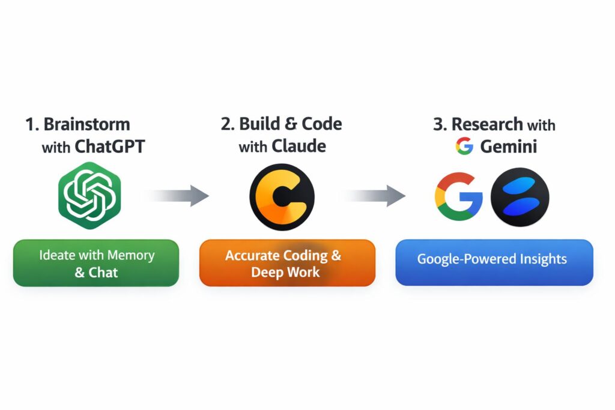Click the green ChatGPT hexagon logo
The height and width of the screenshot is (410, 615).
point(89,196)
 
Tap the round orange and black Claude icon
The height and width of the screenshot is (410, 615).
point(282,197)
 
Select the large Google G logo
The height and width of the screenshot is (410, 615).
point(458,196)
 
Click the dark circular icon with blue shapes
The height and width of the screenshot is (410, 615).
point(520,196)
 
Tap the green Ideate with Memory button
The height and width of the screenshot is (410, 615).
point(96,263)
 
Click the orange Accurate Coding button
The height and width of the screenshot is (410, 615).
point(287,263)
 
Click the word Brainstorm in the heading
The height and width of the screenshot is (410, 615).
point(86,125)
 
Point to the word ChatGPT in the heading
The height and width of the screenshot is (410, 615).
point(110,146)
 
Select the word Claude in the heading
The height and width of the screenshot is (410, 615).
point(299,146)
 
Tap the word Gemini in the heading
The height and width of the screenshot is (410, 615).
point(509,146)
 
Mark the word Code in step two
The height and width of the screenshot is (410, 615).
point(321,124)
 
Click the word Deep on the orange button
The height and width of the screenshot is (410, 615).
point(267,272)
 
